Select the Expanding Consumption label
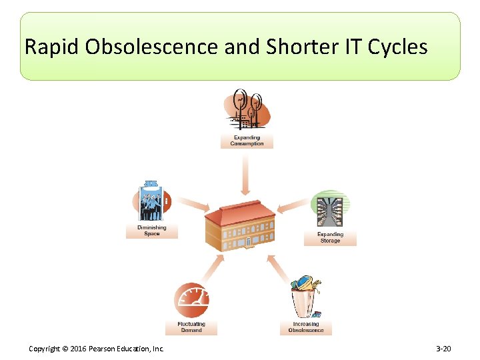247,141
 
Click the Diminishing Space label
152,231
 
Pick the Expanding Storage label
330,237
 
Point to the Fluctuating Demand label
191,327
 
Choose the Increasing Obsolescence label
306,327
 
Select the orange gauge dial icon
191,301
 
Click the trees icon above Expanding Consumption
247,109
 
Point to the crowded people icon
152,201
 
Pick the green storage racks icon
331,209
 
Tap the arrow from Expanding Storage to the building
292,206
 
